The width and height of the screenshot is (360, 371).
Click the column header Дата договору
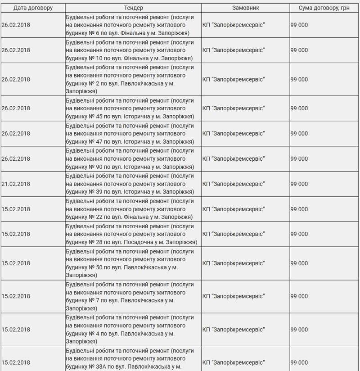[x=33, y=8]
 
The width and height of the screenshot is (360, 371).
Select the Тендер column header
[x=133, y=8]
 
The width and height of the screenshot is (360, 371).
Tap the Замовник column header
[x=246, y=8]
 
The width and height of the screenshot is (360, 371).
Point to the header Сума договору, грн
[x=324, y=8]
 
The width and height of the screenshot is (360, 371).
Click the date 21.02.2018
[x=16, y=184]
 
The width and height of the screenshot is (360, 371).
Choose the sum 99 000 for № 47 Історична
[x=299, y=134]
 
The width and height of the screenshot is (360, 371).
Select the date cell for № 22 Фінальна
[x=16, y=209]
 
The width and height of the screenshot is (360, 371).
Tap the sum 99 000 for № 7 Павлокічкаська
[x=299, y=296]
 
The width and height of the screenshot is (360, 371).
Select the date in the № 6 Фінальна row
[x=16, y=25]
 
